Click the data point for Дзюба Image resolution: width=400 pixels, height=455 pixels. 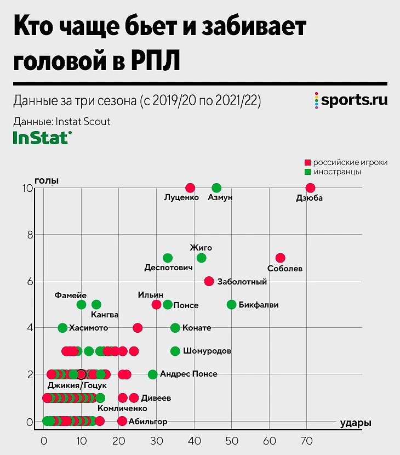pos(311,188)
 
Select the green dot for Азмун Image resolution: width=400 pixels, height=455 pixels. pos(216,188)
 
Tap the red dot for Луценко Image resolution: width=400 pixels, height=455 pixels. pos(190,188)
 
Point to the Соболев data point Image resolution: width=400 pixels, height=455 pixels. pos(281,258)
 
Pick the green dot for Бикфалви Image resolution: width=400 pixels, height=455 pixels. pos(232,304)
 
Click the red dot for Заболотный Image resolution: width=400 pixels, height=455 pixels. pos(209,281)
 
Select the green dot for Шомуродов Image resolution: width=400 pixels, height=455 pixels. pos(175,351)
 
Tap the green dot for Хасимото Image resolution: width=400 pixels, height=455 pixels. pos(62,328)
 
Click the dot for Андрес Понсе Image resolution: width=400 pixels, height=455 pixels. pos(153,374)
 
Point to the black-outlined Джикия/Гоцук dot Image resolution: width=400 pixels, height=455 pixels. pos(81,374)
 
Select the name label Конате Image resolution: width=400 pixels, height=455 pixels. pos(198,328)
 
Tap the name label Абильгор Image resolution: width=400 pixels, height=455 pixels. pos(147,422)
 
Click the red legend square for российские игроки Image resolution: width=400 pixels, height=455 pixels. pos(308,163)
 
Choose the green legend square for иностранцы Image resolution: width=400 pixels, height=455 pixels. pos(308,172)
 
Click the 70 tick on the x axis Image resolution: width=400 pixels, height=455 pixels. pos(307,440)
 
